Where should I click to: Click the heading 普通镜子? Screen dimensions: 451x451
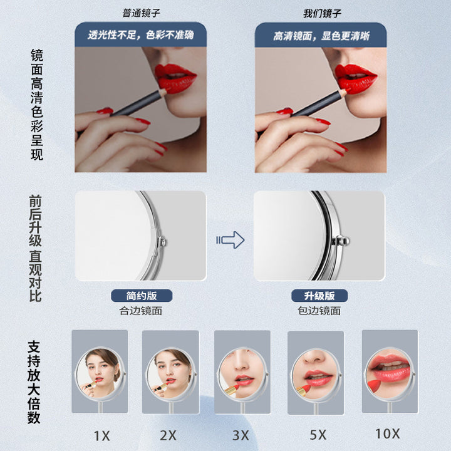(x=141, y=13)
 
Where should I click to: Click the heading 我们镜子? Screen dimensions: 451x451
(x=322, y=13)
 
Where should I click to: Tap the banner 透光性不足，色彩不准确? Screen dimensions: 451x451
(x=141, y=34)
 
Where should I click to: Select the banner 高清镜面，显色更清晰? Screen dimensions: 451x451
(x=321, y=35)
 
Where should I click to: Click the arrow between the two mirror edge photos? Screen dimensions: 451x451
(x=231, y=240)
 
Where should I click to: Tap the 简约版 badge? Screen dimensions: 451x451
(x=142, y=296)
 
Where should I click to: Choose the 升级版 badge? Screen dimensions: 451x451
(x=319, y=296)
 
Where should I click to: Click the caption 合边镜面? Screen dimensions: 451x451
(x=141, y=311)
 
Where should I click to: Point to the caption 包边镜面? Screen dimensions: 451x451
(x=319, y=311)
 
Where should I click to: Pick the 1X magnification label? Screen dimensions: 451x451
(x=102, y=436)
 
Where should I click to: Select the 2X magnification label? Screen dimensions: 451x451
(x=168, y=435)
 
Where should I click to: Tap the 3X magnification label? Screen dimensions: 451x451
(x=241, y=435)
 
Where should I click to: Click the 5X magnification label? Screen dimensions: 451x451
(x=318, y=435)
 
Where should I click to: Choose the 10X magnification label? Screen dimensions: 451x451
(x=388, y=433)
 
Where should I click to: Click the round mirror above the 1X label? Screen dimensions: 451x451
(x=100, y=373)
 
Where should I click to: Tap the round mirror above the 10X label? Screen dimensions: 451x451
(x=390, y=373)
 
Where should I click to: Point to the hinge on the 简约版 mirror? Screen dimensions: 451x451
(x=162, y=242)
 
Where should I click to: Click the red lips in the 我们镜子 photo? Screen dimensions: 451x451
(x=356, y=78)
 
